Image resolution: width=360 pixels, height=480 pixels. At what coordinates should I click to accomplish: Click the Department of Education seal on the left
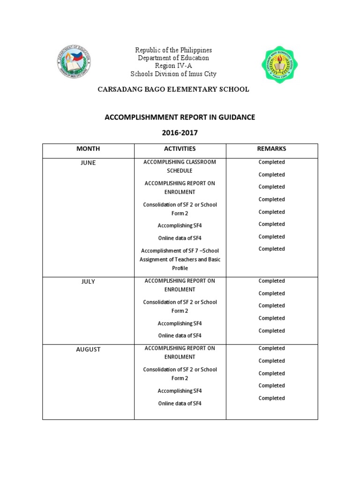coord(74,63)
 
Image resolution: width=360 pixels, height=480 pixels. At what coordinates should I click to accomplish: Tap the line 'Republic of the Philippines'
coord(173,50)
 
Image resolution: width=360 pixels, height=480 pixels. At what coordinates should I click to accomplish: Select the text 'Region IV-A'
coord(173,66)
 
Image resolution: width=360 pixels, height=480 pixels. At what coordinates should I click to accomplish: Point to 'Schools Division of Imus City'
coord(173,74)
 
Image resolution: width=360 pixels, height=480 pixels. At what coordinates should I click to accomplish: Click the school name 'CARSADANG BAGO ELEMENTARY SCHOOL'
coord(173,90)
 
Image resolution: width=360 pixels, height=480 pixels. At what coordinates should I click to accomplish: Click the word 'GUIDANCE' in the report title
coord(235,117)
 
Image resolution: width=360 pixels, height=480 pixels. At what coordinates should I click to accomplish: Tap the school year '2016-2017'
coord(180,133)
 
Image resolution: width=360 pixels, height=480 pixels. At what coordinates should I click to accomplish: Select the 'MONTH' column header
coord(88,149)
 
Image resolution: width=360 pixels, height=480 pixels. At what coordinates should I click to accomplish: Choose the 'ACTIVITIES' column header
coord(180,149)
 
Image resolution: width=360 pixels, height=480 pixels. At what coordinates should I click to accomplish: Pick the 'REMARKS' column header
coord(271,149)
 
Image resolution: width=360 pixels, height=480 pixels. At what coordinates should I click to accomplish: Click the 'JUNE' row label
coord(88,163)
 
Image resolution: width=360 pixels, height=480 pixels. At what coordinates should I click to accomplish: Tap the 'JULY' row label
coord(88,282)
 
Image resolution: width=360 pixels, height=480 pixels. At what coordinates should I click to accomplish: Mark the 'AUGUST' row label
coord(88,350)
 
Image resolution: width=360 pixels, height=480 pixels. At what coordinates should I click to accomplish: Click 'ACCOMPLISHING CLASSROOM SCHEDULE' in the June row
coord(180,166)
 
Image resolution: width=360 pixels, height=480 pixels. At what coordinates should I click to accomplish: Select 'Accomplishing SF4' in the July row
coord(180,323)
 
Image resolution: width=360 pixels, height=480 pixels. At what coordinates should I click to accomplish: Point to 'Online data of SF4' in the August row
coord(180,403)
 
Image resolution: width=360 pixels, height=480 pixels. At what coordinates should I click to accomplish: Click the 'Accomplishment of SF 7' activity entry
coord(180,259)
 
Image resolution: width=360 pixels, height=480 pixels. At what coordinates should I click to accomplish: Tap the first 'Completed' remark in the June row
coord(271,162)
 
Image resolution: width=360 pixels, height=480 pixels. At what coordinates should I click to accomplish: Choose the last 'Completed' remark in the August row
coord(271,398)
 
